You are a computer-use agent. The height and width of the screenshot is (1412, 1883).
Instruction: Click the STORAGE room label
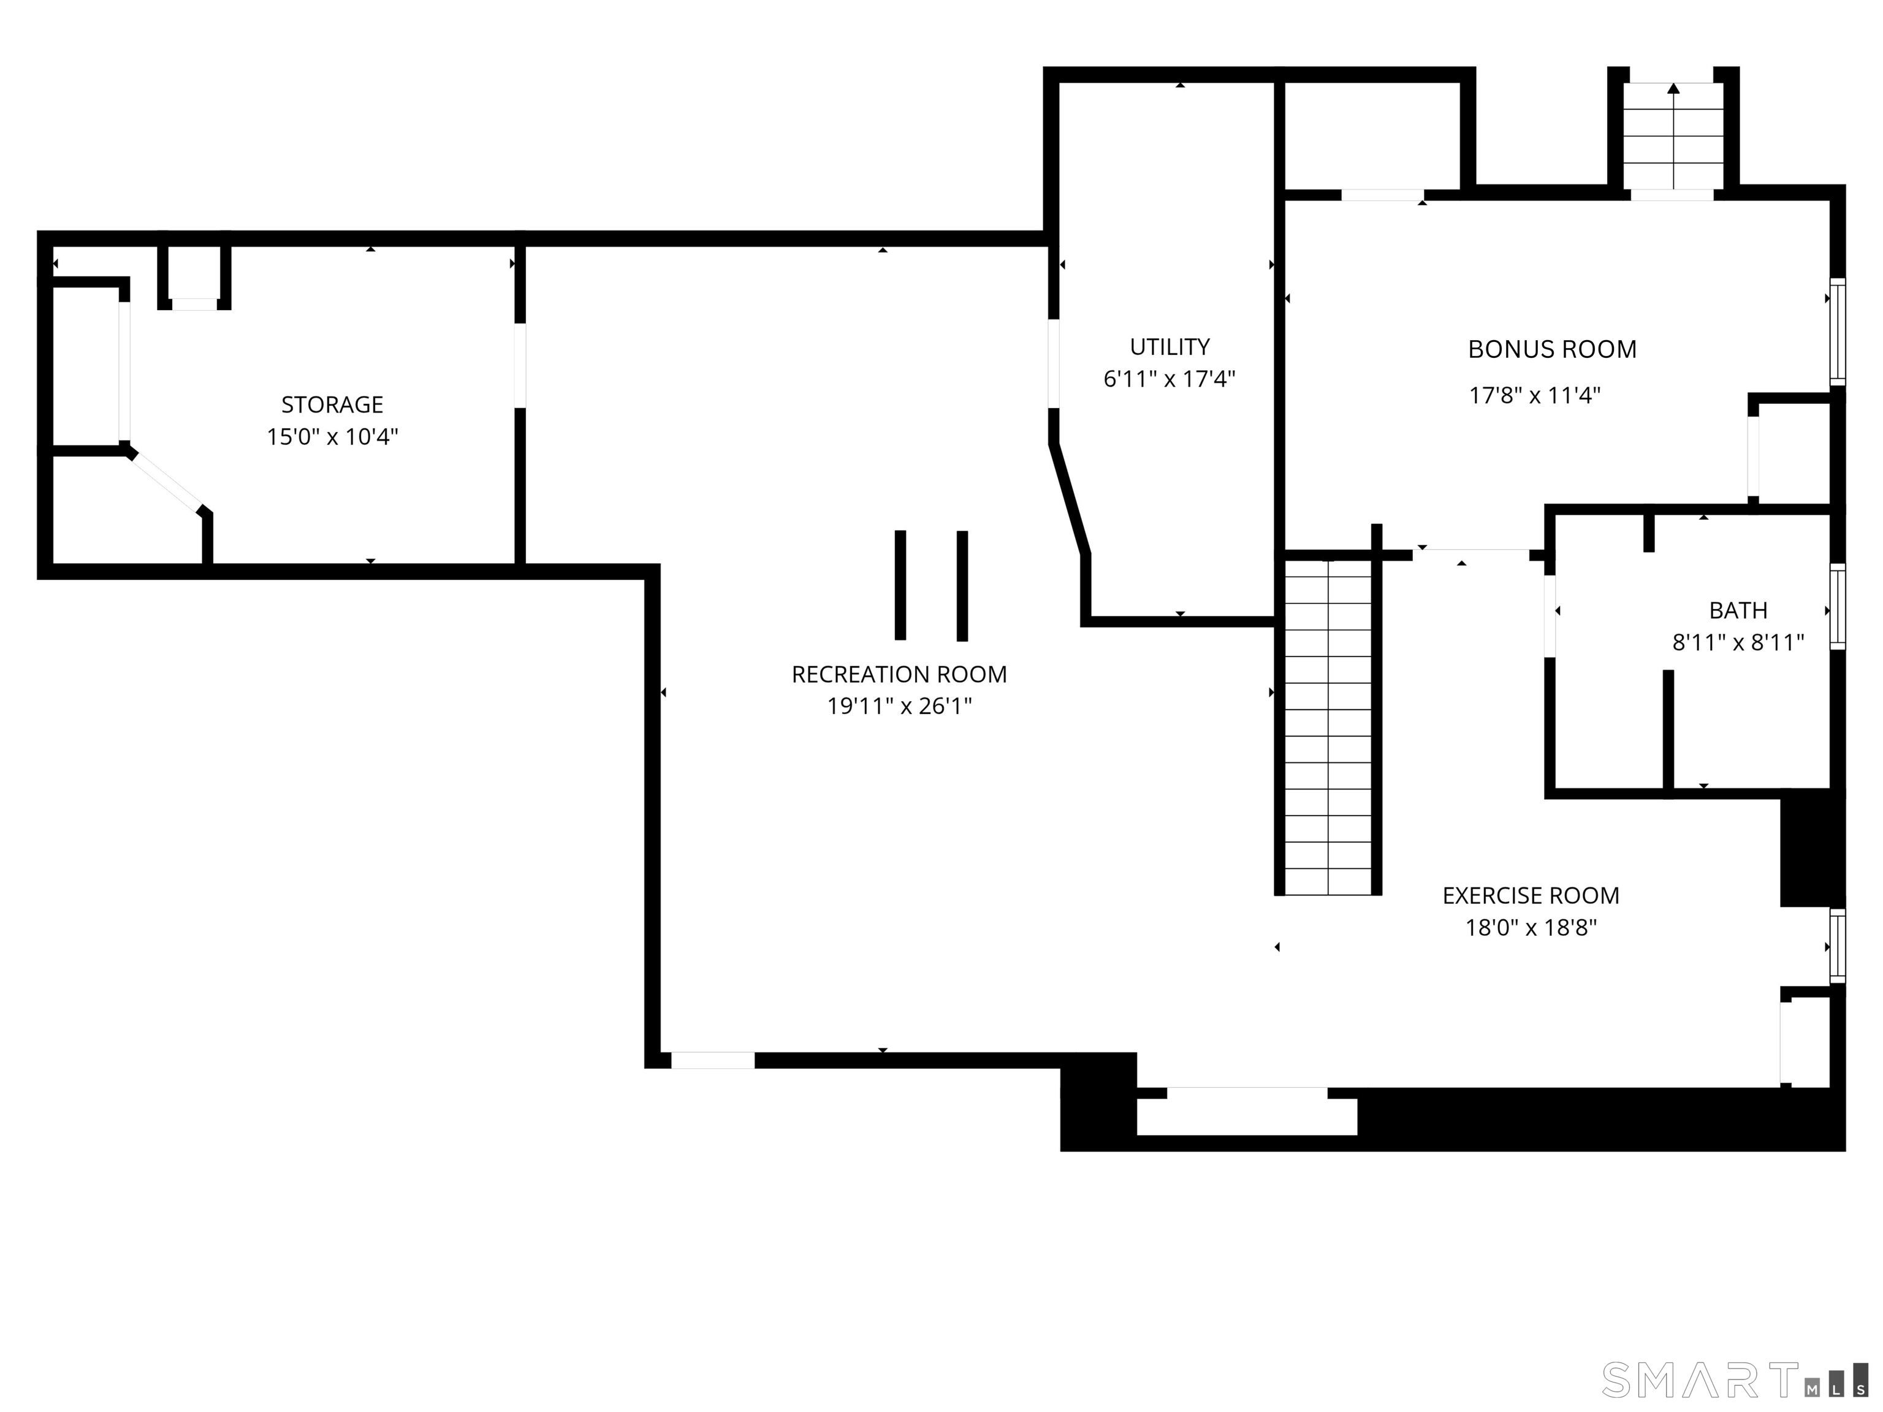(332, 404)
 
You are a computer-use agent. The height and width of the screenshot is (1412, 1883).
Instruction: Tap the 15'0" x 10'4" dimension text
(332, 436)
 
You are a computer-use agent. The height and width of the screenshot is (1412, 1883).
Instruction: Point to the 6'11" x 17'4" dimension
(1170, 379)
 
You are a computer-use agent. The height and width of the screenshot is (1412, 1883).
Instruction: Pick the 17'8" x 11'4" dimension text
(1535, 395)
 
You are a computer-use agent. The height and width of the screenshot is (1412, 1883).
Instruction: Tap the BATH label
(1738, 610)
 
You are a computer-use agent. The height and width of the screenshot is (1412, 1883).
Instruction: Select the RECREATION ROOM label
(899, 674)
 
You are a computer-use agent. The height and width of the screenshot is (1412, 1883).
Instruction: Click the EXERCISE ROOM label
(1531, 895)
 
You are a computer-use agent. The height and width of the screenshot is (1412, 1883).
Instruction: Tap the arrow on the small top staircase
(1673, 135)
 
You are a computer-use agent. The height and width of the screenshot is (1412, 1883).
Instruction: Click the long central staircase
(1328, 727)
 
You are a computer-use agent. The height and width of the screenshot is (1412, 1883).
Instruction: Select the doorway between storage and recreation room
(520, 365)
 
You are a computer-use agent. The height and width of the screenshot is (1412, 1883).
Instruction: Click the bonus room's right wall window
(1838, 332)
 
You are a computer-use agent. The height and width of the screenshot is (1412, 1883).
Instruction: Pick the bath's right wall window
(1838, 606)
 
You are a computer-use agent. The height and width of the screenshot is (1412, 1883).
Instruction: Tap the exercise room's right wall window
(1838, 946)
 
